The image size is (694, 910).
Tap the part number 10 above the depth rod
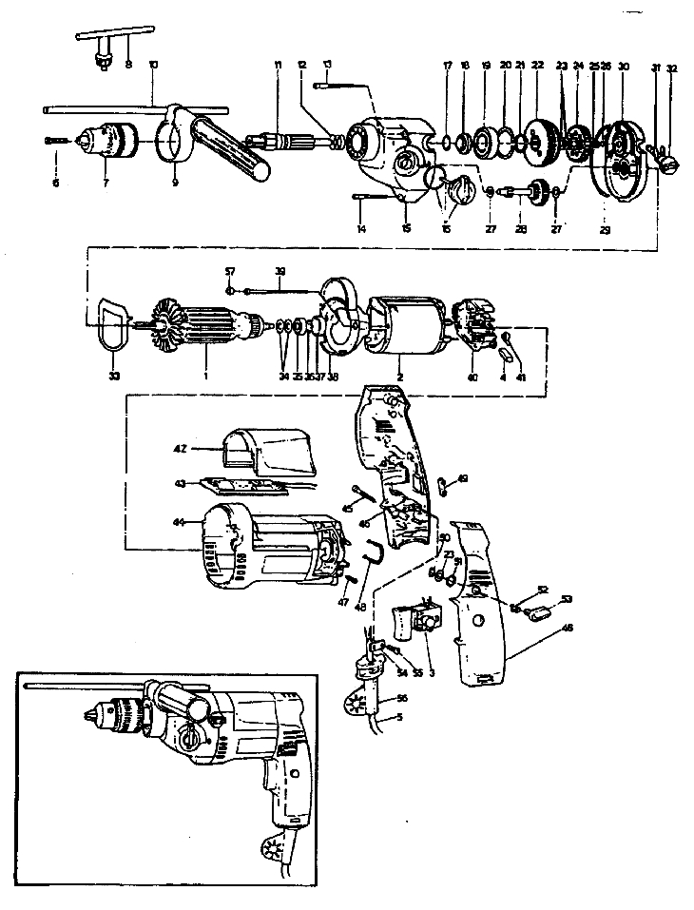(x=153, y=65)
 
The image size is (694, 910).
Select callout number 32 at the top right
(x=672, y=68)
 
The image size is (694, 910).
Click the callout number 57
(x=229, y=270)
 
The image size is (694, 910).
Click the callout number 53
(x=567, y=599)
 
